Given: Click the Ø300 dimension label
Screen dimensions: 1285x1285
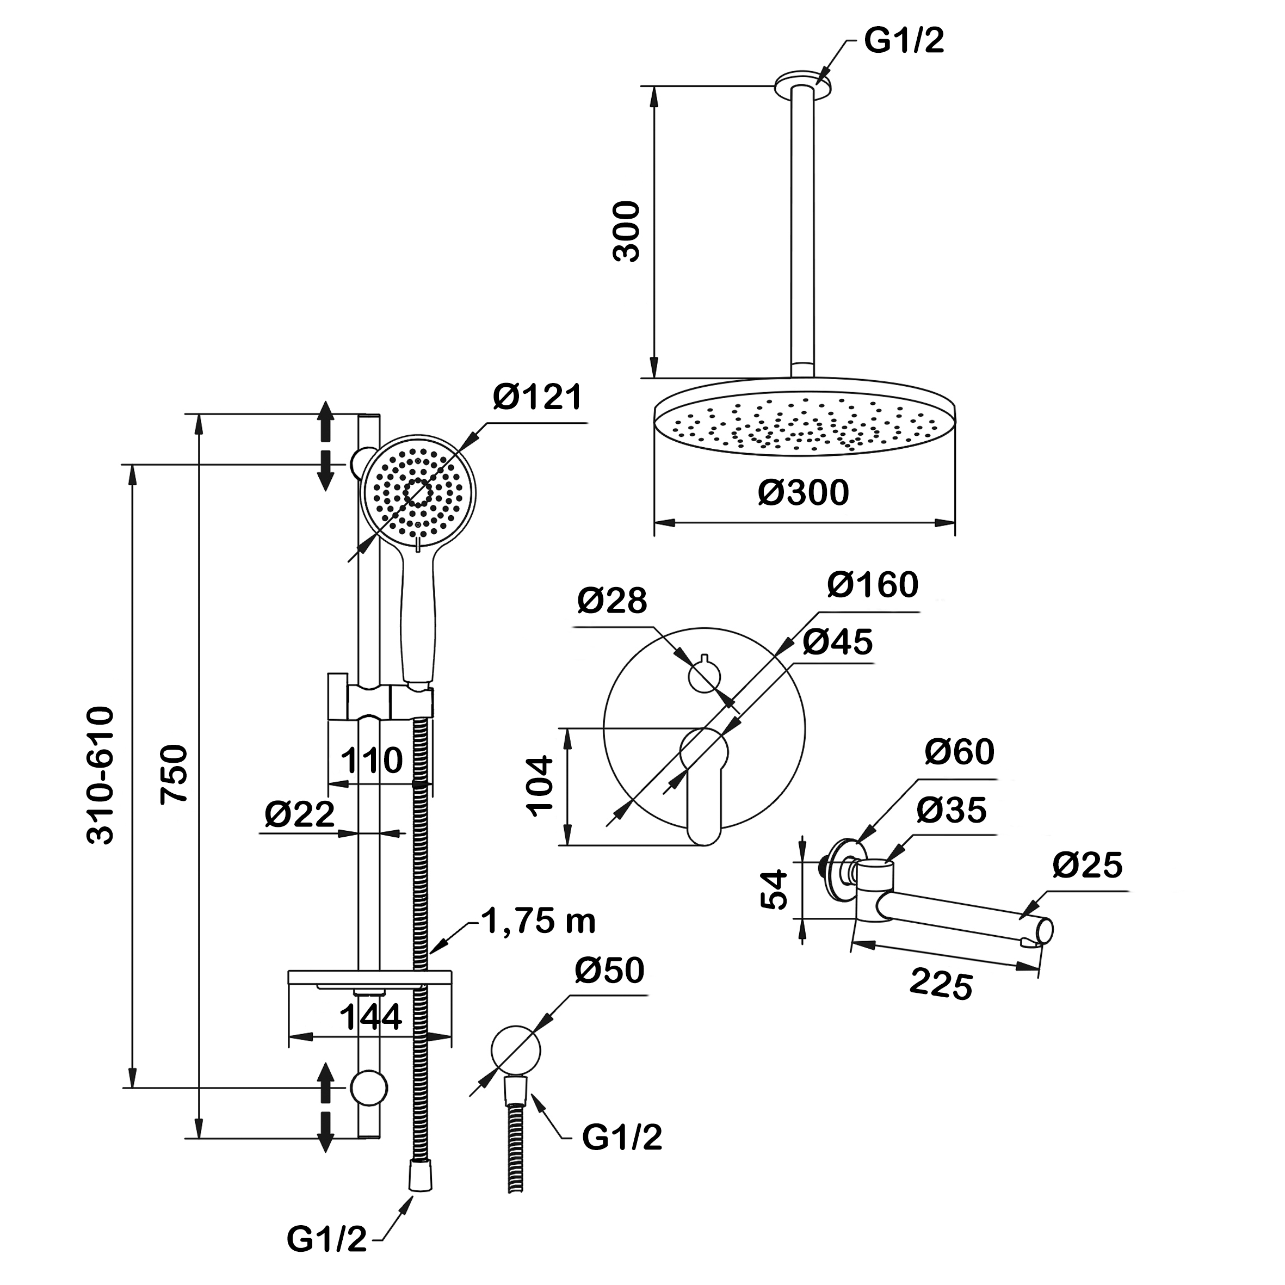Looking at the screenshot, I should [x=803, y=493].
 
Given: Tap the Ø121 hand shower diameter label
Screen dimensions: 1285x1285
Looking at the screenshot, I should [x=538, y=398].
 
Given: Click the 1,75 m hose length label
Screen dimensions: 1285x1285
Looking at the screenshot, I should [x=538, y=921].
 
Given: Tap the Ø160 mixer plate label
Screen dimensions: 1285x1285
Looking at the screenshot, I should [x=873, y=585].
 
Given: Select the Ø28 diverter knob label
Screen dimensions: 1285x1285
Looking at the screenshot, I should [x=611, y=601].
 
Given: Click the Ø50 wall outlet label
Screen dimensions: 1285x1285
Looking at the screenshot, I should [x=609, y=971].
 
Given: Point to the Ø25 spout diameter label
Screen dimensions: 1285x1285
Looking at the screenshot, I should [x=1088, y=866].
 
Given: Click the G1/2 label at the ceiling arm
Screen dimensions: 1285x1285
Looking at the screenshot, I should [x=904, y=41].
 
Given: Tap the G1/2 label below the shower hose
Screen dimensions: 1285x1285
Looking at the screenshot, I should [x=326, y=1238].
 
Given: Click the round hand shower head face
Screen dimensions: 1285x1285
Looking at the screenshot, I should [x=418, y=492].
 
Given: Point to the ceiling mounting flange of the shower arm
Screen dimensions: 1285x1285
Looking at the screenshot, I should [x=803, y=84].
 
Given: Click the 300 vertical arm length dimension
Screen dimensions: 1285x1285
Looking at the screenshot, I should [x=626, y=231].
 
